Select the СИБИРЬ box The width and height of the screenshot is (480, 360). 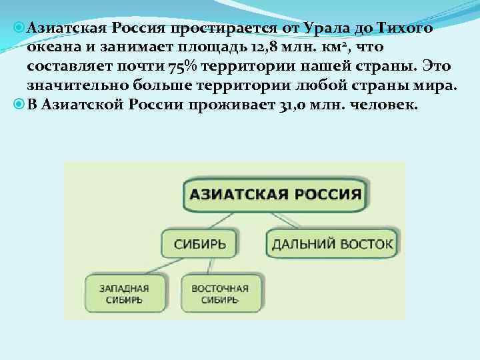coord(199,243)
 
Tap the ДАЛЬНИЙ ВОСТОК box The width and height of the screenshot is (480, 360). coord(332,243)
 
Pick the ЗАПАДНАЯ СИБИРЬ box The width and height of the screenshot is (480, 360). coord(124,294)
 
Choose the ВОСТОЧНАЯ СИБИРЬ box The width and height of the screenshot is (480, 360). coord(219,294)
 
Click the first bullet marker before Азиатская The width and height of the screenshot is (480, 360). coord(19,29)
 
